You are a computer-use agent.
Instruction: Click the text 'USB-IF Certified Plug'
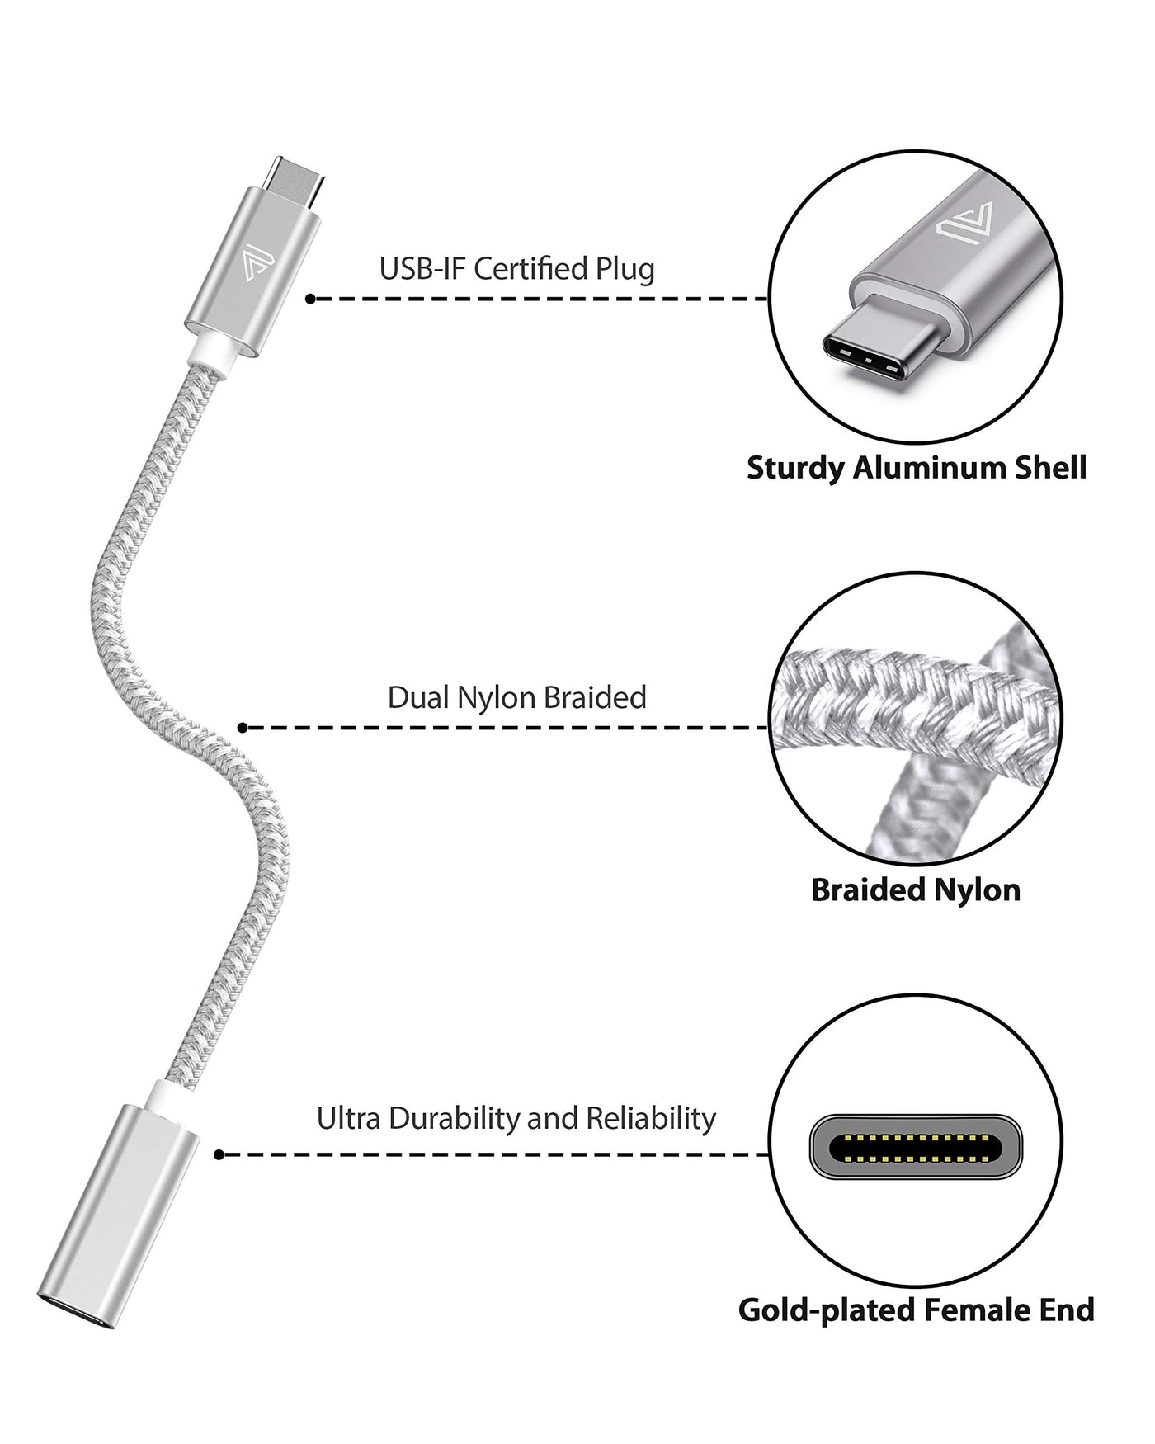point(516,268)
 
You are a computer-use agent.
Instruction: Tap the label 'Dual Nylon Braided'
point(516,697)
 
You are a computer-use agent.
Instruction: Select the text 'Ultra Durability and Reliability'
point(516,1118)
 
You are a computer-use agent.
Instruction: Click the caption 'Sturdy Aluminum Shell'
point(916,468)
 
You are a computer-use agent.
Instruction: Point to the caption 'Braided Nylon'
point(916,890)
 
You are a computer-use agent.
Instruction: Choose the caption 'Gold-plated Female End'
point(916,1310)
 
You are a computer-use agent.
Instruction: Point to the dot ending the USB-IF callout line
point(310,299)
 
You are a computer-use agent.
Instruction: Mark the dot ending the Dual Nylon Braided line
point(242,728)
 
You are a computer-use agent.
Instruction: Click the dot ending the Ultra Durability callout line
point(219,1154)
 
